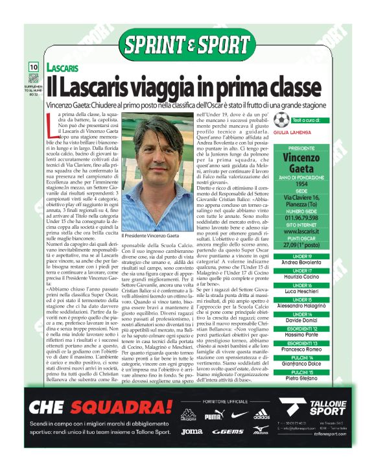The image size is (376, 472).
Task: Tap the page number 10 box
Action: tap(33, 67)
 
